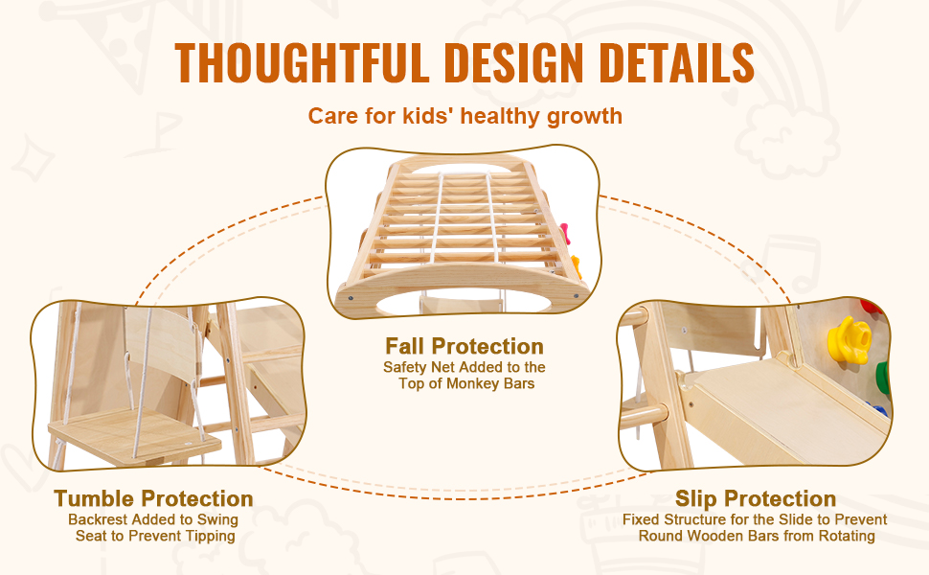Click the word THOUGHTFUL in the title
click(x=302, y=62)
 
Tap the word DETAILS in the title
click(x=676, y=62)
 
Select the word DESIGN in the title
click(x=513, y=62)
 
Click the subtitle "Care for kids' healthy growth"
click(x=465, y=116)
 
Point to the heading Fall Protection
click(x=464, y=346)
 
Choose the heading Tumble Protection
click(x=153, y=498)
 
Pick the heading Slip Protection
click(x=756, y=498)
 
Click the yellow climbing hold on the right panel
click(x=850, y=339)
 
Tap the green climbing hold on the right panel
click(x=883, y=379)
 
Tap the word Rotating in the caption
click(x=847, y=536)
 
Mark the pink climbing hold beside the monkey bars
click(x=565, y=233)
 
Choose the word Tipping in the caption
click(x=210, y=536)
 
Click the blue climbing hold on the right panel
click(x=880, y=409)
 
